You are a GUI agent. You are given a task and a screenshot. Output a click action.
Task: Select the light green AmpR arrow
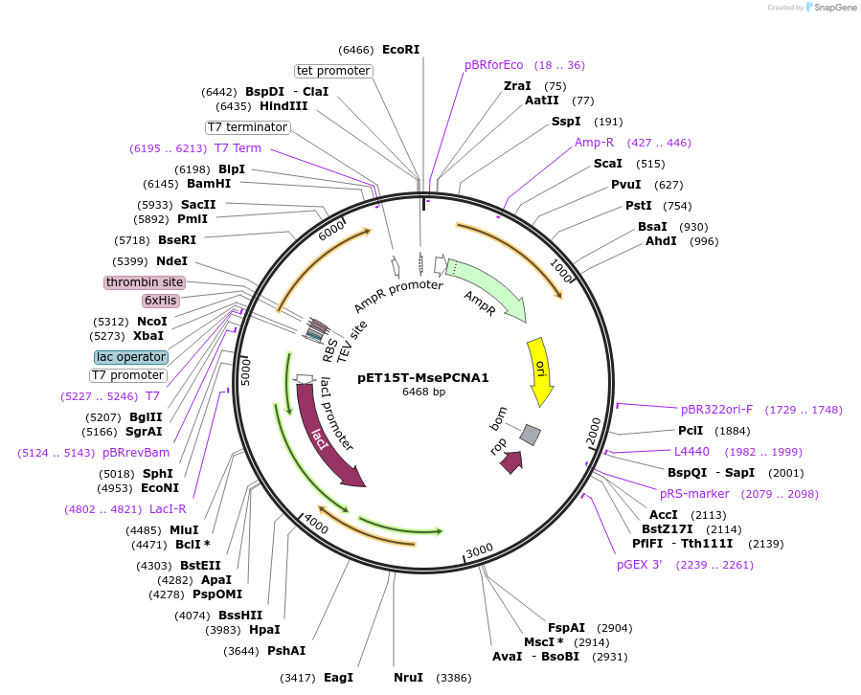tap(487, 288)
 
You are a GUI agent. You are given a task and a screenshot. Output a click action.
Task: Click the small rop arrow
tap(511, 461)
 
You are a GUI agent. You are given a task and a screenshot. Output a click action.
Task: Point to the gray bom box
tap(530, 436)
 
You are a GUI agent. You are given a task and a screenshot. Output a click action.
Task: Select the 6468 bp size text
tap(423, 392)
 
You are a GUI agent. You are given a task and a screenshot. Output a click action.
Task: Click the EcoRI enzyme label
tap(400, 49)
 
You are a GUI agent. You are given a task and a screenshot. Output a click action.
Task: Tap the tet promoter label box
tap(333, 71)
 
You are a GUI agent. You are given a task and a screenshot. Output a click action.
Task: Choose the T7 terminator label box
tap(247, 127)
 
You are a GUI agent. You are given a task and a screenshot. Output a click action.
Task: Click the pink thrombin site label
tap(145, 282)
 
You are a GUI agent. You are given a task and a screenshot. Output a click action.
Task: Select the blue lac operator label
tap(131, 357)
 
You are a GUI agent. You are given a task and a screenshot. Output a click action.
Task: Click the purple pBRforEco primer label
tap(494, 65)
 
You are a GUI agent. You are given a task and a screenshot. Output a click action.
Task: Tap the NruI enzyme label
tap(408, 678)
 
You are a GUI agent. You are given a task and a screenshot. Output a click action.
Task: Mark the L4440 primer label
tap(691, 451)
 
